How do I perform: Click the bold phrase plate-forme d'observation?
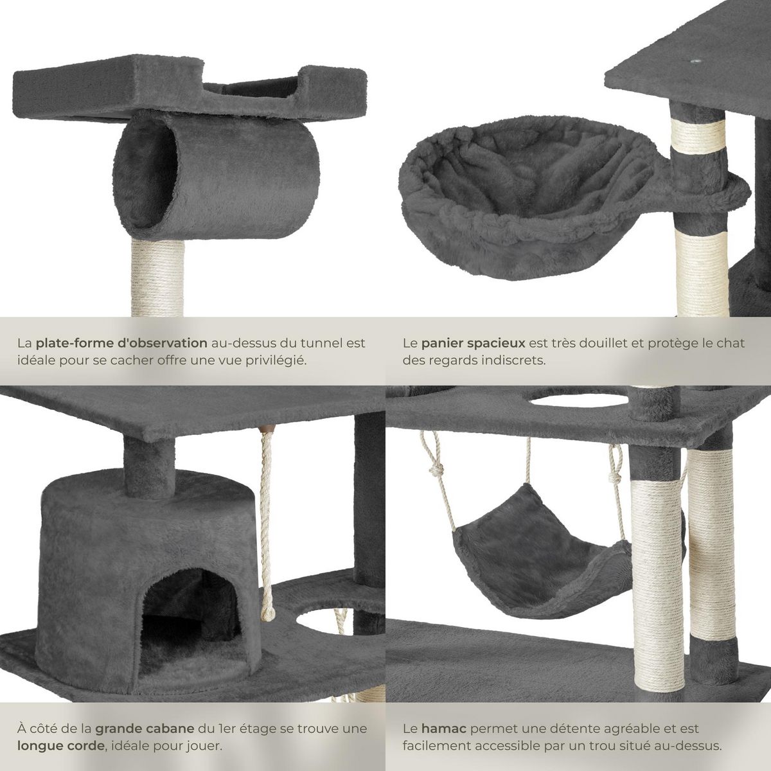pyautogui.click(x=121, y=342)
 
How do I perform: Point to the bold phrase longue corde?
pyautogui.click(x=58, y=747)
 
